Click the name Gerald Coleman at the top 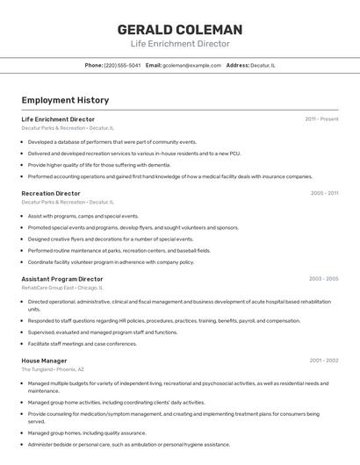[x=180, y=30]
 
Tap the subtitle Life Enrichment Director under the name [x=180, y=44]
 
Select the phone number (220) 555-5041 [x=122, y=65]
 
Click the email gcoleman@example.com [x=191, y=65]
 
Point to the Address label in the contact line [x=237, y=65]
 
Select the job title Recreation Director [x=51, y=193]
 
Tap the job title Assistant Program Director [x=62, y=279]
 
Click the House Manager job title [x=45, y=361]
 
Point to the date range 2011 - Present [x=321, y=119]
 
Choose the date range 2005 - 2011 [x=324, y=193]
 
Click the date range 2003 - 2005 [x=323, y=279]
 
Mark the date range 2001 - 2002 [x=323, y=361]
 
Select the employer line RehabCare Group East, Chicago [x=62, y=288]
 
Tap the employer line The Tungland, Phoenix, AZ [x=53, y=369]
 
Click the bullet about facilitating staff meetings [x=83, y=344]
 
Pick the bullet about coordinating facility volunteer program [x=111, y=261]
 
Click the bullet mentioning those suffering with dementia [x=99, y=165]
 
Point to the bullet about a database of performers [x=112, y=141]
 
